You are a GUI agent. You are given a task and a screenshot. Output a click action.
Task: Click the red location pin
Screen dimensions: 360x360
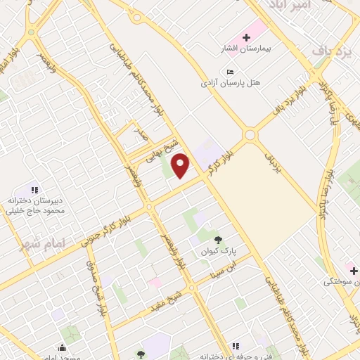click(181, 165)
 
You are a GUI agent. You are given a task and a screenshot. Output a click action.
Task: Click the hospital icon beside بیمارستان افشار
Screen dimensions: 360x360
click(246, 37)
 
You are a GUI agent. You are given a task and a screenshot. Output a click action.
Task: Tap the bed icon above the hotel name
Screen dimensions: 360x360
click(231, 72)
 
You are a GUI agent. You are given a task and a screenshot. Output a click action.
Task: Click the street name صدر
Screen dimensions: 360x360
click(140, 135)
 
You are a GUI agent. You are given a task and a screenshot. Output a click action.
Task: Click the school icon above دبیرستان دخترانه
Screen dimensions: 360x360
click(34, 189)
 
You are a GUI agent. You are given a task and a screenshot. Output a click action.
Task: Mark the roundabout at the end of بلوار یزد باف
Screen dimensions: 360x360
click(250, 135)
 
